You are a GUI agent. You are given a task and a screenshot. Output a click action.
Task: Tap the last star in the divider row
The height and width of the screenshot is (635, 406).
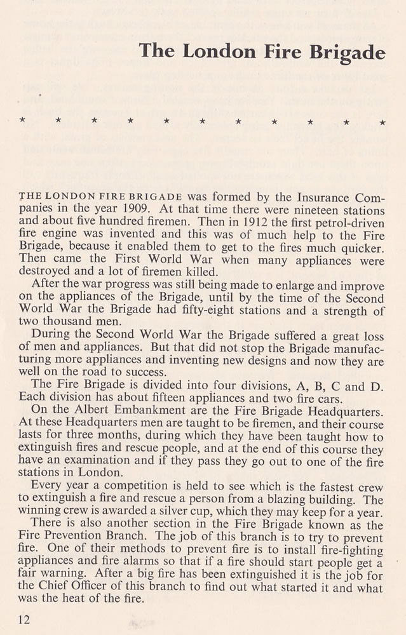coord(382,121)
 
